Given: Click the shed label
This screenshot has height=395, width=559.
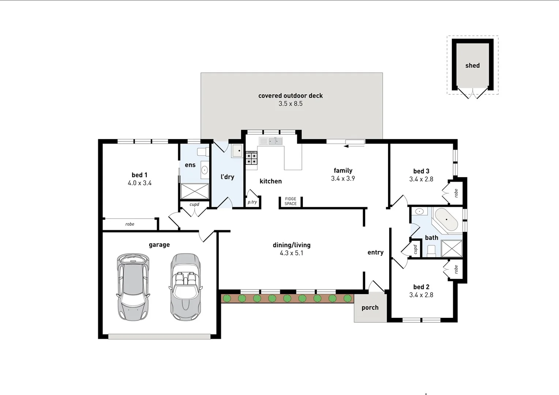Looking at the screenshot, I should point(472,66).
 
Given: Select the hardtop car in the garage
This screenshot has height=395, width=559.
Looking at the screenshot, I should point(133,287).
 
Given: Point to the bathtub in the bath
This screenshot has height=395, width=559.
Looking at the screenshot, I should point(446,219).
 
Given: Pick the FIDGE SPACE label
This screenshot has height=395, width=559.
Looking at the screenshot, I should point(290,202).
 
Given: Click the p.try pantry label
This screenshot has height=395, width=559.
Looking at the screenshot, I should point(252,202).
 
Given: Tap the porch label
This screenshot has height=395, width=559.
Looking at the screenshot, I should point(370,308).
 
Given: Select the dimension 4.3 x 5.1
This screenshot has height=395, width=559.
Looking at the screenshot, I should point(291,253).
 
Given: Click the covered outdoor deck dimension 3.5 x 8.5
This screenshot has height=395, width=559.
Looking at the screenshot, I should point(290,104).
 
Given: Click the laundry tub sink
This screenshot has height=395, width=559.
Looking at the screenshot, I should point(237,151).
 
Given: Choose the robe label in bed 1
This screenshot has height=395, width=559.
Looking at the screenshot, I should point(130,224).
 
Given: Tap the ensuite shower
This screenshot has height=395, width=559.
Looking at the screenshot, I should point(195,191).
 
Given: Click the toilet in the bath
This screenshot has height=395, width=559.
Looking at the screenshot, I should point(431,251).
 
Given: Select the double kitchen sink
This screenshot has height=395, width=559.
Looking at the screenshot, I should point(271,141).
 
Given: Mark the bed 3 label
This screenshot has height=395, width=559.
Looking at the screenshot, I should point(421,171).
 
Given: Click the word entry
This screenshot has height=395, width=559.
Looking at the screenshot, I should point(375,252).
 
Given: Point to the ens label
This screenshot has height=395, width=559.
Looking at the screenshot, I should point(190,165).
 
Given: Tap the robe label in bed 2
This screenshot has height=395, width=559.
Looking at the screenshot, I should point(456,270).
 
